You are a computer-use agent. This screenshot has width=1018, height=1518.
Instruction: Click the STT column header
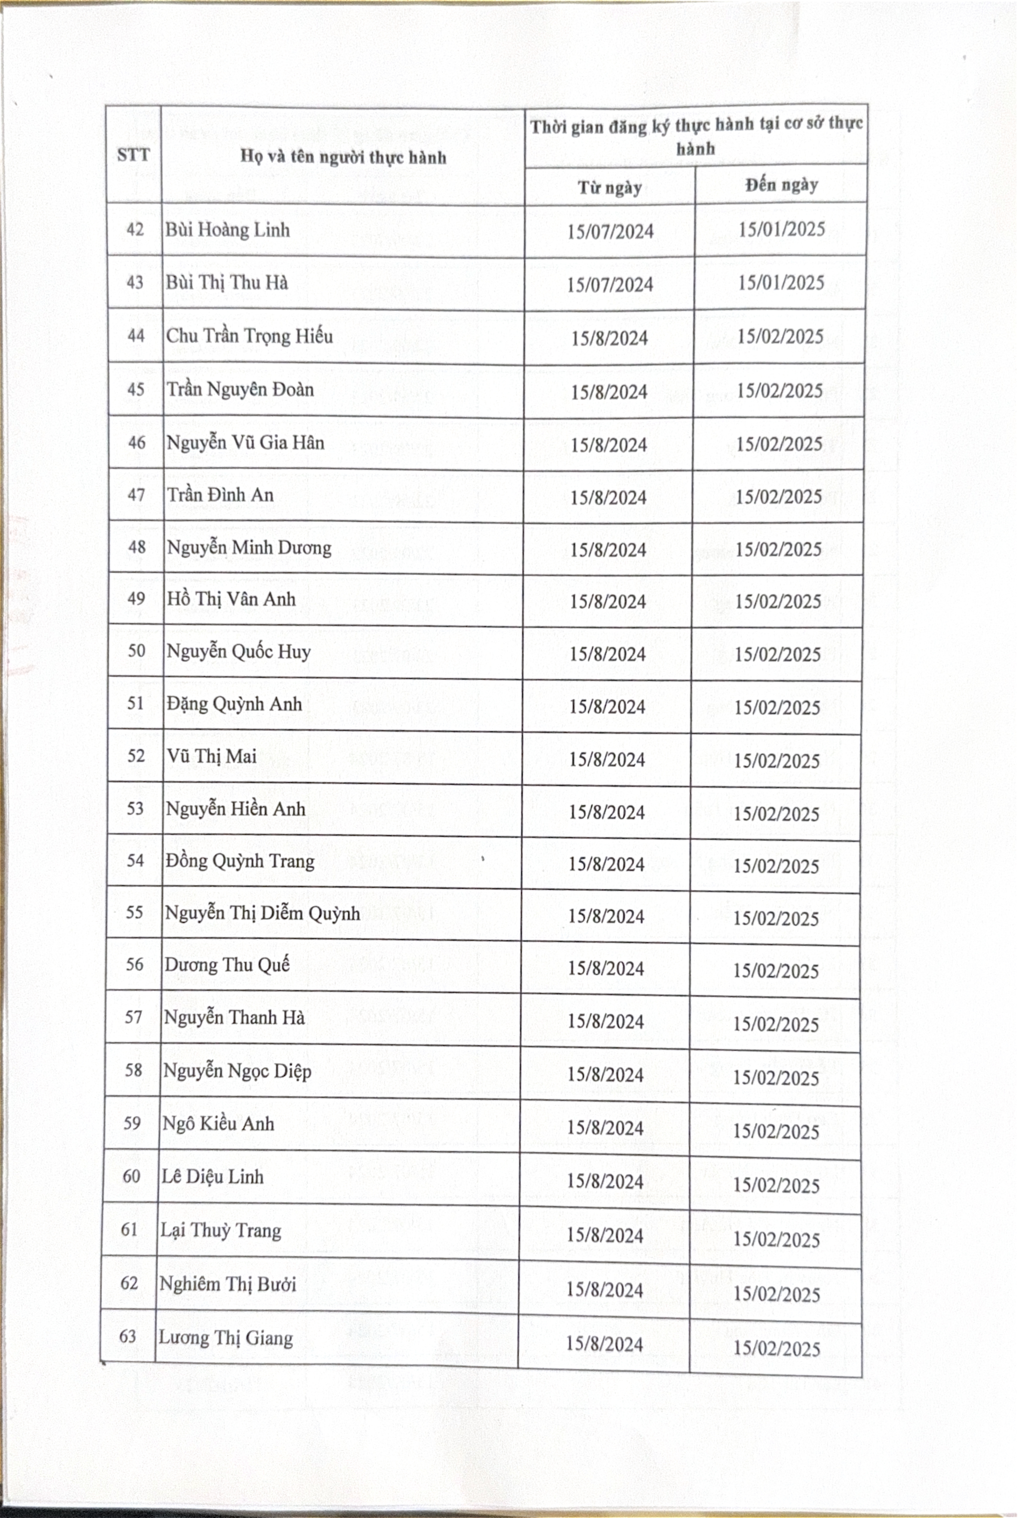pos(133,155)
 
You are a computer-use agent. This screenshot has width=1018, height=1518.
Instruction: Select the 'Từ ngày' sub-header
pos(610,188)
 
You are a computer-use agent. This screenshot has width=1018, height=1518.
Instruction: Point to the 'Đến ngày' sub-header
pos(781,185)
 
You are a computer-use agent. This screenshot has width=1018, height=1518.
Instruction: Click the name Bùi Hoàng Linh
pos(227,230)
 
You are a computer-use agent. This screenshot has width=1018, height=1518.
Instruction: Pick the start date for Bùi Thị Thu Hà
pos(610,284)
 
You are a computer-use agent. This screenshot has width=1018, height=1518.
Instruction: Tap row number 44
pos(136,336)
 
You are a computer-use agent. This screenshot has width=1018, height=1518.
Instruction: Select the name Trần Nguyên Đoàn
pos(240,390)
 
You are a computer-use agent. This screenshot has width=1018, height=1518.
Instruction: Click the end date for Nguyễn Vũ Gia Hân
pos(779,444)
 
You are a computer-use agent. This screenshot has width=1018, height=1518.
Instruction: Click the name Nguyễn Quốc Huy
pos(238,651)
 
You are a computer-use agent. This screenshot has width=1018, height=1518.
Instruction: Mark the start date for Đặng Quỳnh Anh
pos(607,706)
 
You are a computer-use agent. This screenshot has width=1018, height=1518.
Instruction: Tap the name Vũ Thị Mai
pos(212,756)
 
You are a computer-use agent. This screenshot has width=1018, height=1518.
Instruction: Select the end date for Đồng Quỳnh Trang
pos(777,866)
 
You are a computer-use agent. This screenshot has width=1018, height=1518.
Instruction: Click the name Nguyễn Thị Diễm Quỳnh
pos(262,913)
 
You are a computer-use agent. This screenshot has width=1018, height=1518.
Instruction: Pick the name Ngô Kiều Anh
pos(218,1123)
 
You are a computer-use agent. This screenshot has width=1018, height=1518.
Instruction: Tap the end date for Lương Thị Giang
pos(777,1348)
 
